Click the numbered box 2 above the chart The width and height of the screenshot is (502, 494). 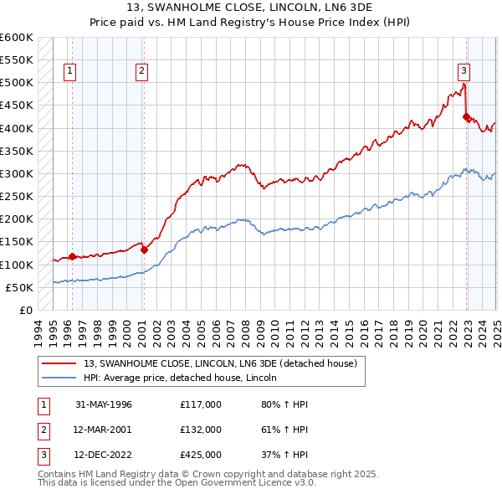(x=142, y=72)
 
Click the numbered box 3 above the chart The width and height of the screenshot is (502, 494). (x=464, y=72)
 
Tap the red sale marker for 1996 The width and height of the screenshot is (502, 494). (x=72, y=257)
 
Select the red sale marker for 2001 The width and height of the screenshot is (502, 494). (x=144, y=250)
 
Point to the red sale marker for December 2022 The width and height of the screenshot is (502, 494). (x=466, y=117)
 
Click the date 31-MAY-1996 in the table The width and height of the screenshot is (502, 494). (x=104, y=404)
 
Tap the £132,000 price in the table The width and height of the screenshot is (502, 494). (x=201, y=430)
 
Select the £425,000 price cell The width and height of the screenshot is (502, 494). (x=201, y=456)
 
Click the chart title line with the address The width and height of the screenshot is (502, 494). (x=251, y=9)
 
